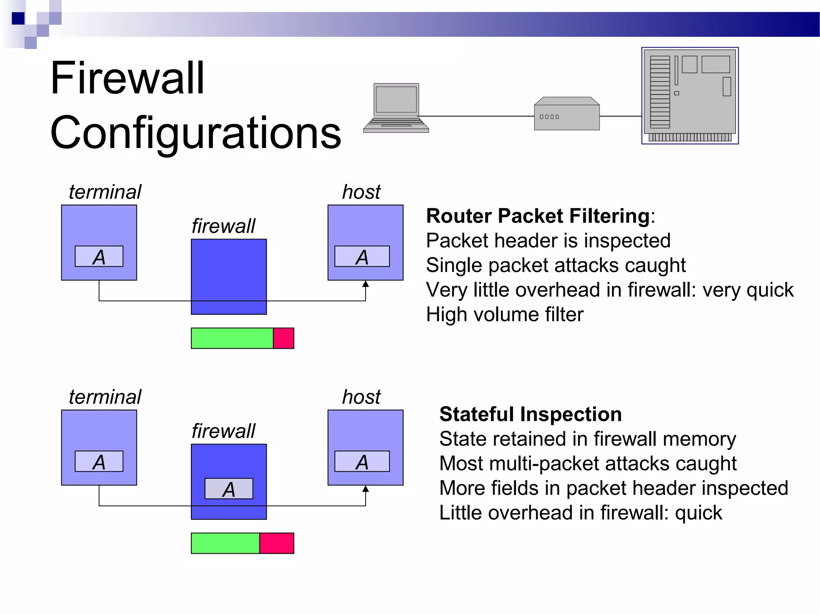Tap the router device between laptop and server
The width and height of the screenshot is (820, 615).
[567, 114]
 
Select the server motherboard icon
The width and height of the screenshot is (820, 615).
[690, 96]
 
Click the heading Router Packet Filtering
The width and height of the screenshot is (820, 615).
[538, 216]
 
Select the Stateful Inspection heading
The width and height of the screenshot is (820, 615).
[531, 414]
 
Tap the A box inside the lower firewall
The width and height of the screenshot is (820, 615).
[229, 488]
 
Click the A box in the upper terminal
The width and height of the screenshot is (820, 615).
[99, 256]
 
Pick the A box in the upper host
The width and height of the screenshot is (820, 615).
[362, 256]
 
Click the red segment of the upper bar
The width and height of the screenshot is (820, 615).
[283, 338]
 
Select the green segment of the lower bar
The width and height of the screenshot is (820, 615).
[225, 543]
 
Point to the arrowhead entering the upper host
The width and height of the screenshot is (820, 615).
[366, 284]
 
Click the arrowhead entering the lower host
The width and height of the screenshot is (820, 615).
[366, 489]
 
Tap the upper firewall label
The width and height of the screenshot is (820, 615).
[223, 226]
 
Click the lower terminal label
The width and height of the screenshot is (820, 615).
[105, 397]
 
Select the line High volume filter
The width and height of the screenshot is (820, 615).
[504, 314]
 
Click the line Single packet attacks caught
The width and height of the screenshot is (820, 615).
[556, 265]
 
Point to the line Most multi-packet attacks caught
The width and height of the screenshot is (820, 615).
[588, 463]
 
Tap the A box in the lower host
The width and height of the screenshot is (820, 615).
[362, 461]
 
